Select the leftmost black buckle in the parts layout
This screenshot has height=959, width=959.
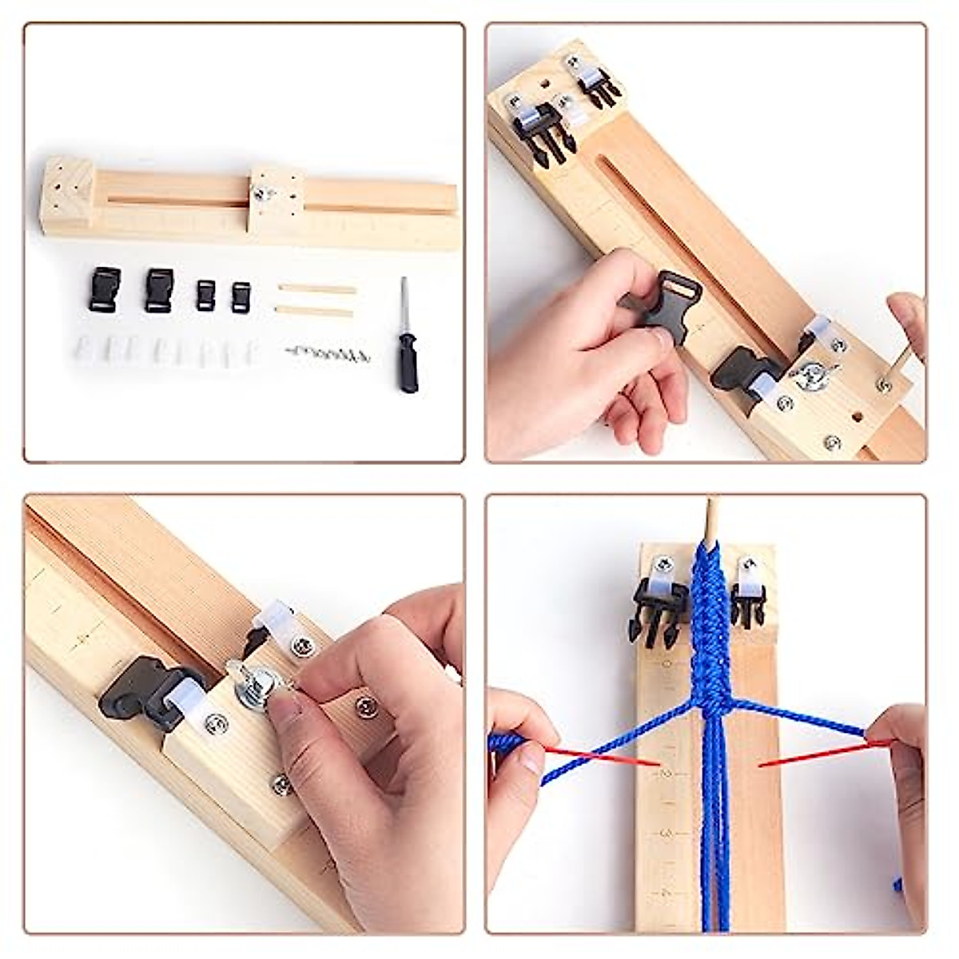pyautogui.click(x=104, y=288)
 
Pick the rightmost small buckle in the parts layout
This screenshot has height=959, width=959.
pyautogui.click(x=241, y=296)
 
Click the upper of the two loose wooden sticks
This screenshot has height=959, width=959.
pyautogui.click(x=316, y=289)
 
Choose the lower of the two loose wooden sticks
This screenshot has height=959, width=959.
pyautogui.click(x=314, y=311)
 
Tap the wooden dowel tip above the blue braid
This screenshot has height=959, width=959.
pyautogui.click(x=710, y=515)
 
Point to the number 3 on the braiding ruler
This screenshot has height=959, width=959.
pyautogui.click(x=667, y=832)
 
